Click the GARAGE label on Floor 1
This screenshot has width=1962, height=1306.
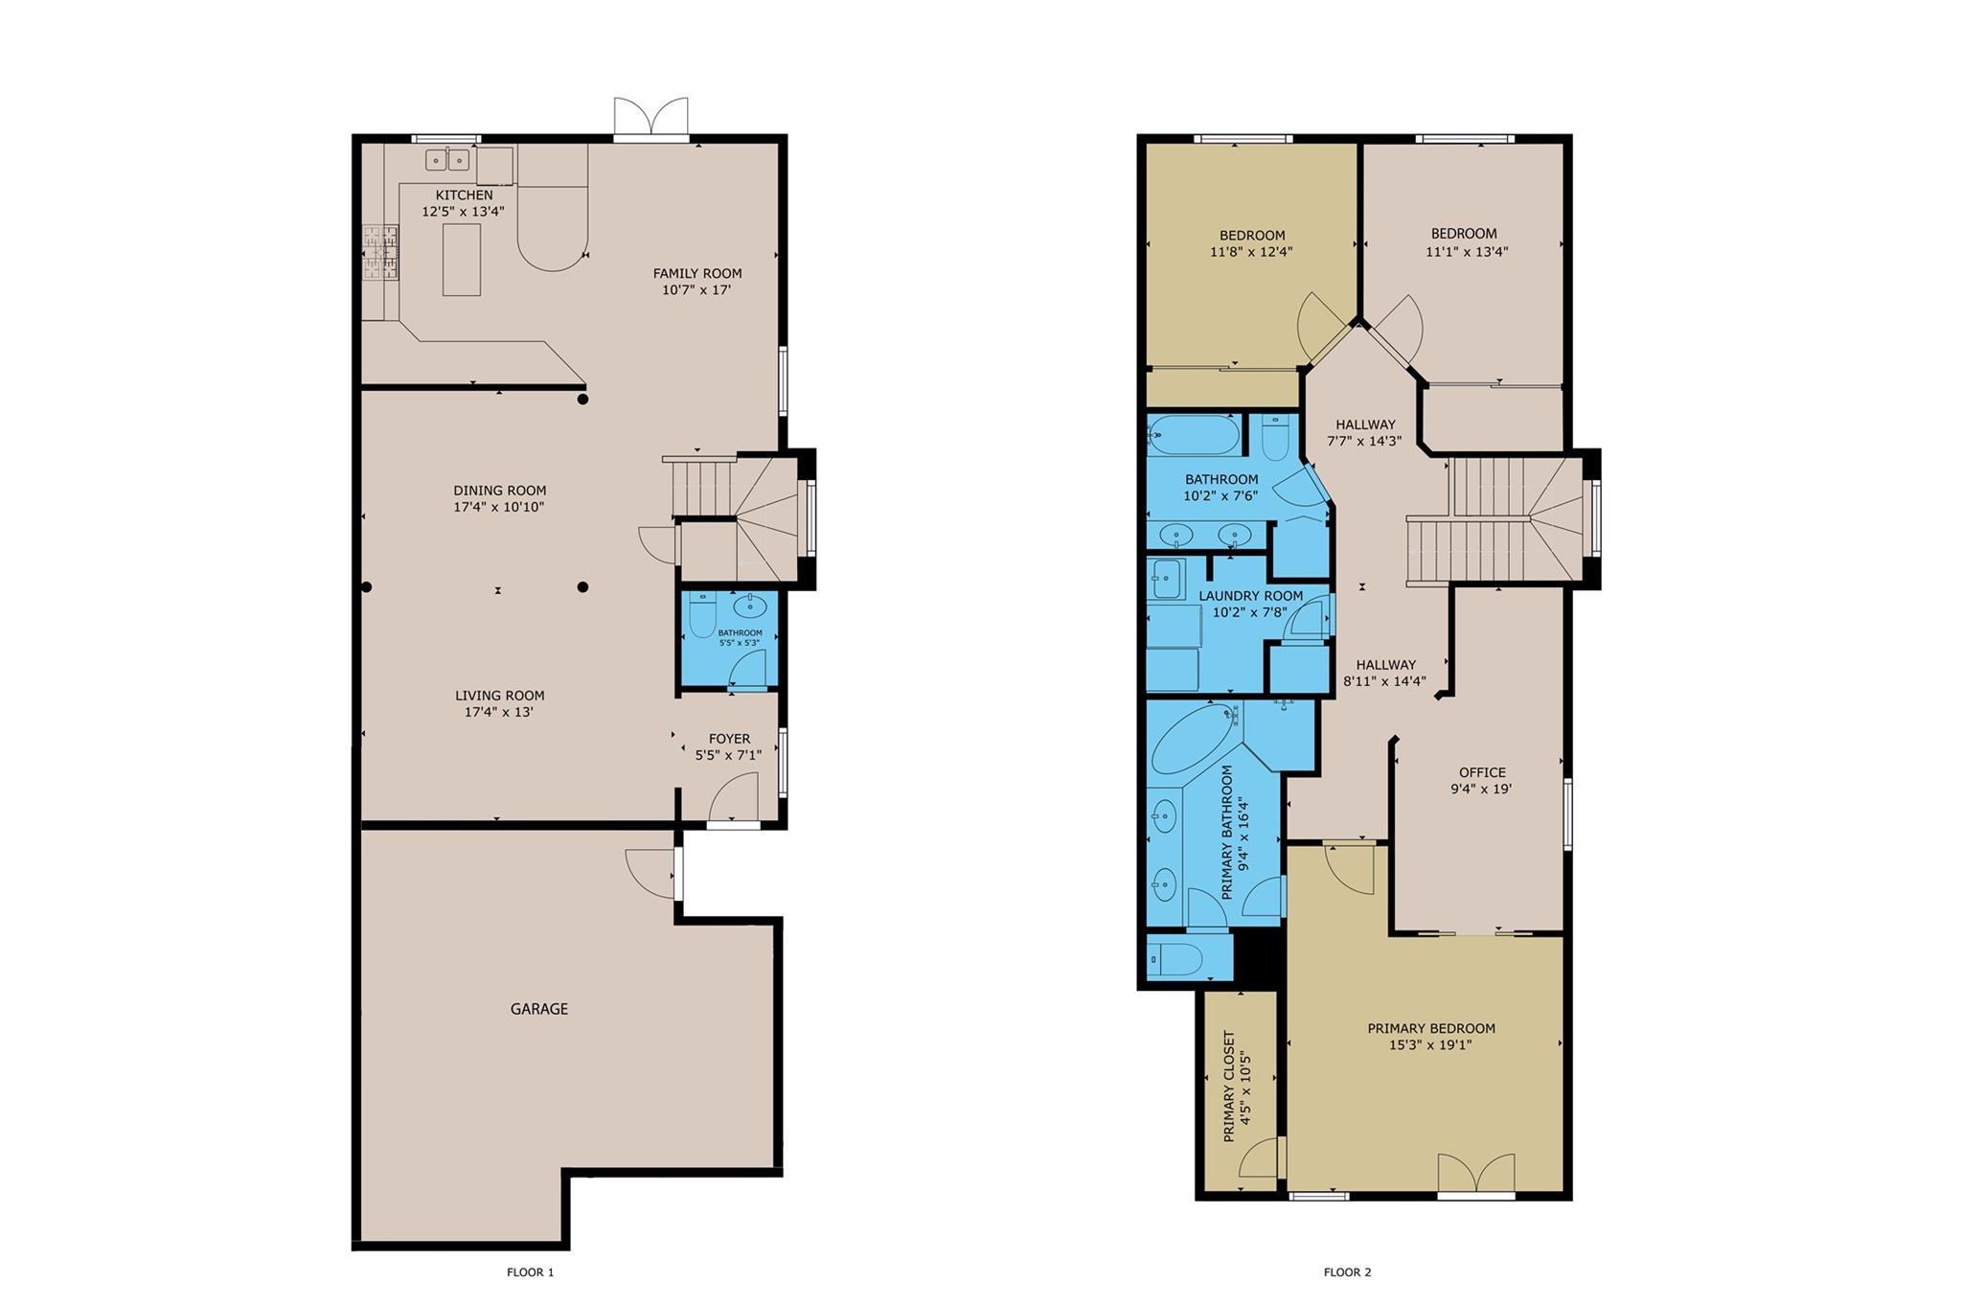[538, 1009]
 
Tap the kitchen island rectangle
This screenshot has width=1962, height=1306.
[461, 259]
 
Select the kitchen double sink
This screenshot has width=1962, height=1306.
[447, 159]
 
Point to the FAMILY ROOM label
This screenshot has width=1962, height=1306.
[697, 273]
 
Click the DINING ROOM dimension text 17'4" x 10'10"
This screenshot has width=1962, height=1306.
[499, 507]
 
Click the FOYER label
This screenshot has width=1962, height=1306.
[729, 739]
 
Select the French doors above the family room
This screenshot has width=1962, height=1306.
[651, 118]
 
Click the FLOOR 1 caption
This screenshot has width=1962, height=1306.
[531, 1272]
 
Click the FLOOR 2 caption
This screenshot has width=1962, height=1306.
[1348, 1272]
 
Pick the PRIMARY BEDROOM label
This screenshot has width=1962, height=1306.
[1431, 1028]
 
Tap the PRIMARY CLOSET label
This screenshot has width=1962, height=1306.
[1229, 1087]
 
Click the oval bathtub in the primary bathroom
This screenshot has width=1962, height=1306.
[1196, 740]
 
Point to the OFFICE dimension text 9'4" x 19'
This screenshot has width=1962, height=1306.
[1481, 790]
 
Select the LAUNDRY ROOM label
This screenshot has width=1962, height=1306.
[1251, 596]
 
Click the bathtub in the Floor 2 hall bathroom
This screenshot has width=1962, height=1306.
[1193, 435]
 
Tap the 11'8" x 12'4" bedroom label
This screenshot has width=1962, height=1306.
[1251, 253]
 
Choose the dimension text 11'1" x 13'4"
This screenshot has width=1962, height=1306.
[1467, 252]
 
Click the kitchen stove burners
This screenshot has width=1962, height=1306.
[380, 253]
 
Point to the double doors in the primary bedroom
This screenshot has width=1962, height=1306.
[1476, 1174]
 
